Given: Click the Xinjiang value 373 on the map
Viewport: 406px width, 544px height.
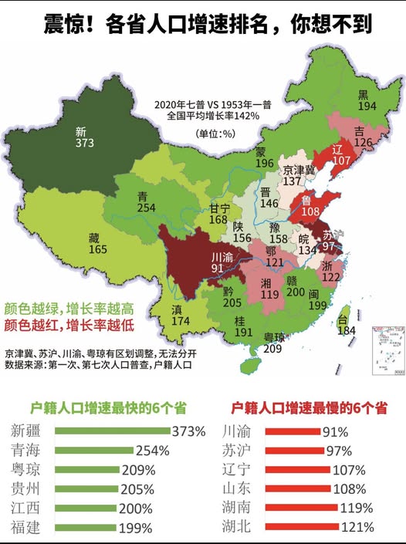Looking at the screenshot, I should pos(85,143).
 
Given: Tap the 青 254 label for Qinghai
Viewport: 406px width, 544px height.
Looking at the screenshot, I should pos(146,201).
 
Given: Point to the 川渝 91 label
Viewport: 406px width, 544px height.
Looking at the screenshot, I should pos(222,263).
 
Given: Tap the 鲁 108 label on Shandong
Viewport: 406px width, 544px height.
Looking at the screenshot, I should pos(310,204).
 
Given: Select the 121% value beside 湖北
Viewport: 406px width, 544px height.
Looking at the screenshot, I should pos(357,527).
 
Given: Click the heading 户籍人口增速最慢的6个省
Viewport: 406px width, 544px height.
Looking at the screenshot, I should pos(308,407).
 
